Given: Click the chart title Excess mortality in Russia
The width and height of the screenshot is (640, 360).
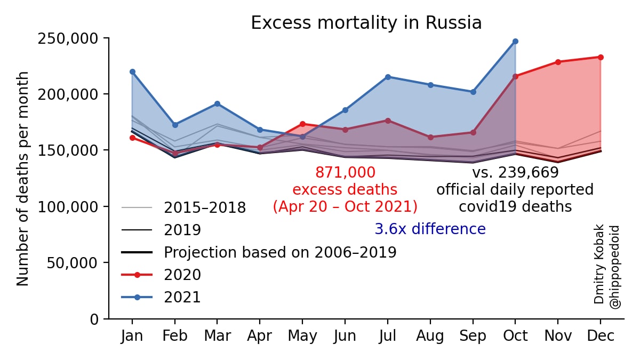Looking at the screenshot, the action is (x=366, y=23).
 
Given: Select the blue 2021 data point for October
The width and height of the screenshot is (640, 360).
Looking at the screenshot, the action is (x=515, y=42).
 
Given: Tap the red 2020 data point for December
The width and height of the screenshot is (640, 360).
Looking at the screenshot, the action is (x=601, y=58).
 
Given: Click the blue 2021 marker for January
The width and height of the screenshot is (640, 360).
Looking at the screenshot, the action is (x=132, y=71).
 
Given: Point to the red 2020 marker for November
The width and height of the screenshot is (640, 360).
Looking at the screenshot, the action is (x=558, y=62).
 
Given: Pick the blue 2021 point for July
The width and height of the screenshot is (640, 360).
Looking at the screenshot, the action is (x=388, y=77).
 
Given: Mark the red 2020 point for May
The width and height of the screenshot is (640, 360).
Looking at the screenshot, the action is (x=302, y=124).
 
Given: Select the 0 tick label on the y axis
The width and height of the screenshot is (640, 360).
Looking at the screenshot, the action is (x=94, y=319).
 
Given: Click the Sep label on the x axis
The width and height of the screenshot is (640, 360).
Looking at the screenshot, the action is (x=473, y=335).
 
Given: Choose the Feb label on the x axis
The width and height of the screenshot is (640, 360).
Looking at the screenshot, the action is (x=175, y=335).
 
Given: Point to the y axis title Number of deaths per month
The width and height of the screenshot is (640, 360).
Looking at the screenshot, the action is (x=22, y=179).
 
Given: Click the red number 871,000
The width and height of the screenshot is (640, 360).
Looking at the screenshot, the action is (x=345, y=172).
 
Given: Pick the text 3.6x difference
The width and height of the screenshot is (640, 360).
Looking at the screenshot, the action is (x=430, y=229).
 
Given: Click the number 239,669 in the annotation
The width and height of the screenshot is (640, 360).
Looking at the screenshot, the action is (x=529, y=172).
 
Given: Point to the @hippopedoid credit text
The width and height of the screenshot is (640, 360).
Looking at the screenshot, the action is (x=614, y=267).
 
